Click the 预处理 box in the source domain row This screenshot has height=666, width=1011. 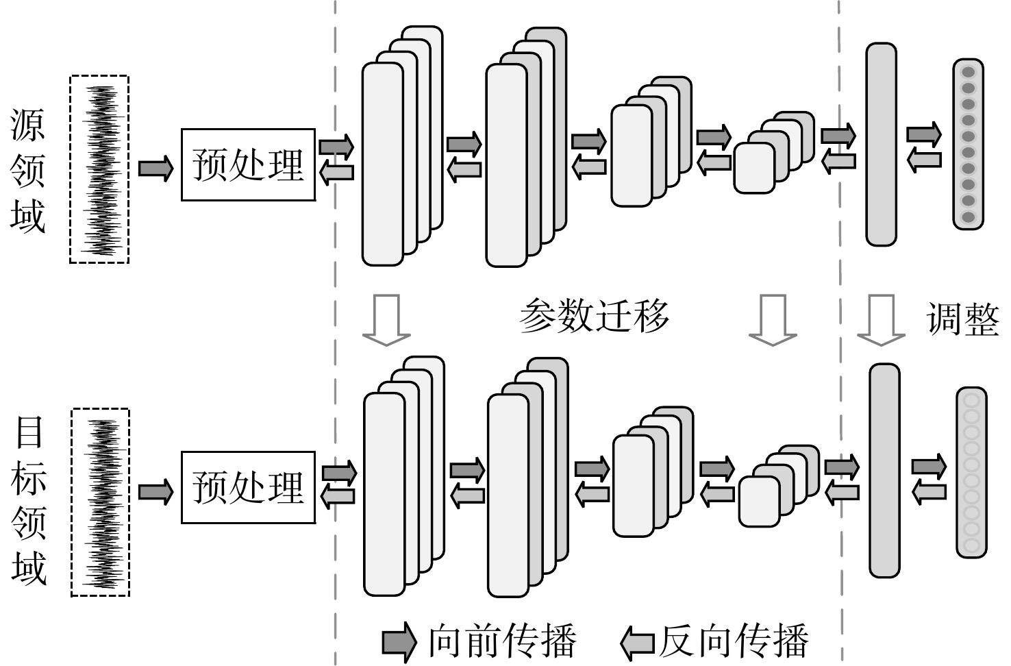(x=248, y=165)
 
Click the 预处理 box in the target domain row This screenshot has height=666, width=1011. (x=248, y=487)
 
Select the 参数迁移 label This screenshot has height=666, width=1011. (x=594, y=316)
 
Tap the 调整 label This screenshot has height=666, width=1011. (x=963, y=319)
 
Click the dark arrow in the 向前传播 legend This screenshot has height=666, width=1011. (x=399, y=641)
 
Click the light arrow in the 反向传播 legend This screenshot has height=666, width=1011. (x=638, y=643)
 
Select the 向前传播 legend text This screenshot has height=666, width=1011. (x=502, y=641)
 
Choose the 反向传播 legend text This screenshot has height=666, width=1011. (x=734, y=641)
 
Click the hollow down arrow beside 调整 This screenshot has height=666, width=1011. (x=881, y=321)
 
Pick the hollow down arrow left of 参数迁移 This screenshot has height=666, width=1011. (x=386, y=321)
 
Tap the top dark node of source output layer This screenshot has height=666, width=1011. (x=968, y=72)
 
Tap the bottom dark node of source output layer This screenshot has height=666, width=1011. (x=968, y=217)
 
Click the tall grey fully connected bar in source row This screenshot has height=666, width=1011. (x=881, y=145)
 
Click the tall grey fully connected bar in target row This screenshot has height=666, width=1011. (x=885, y=471)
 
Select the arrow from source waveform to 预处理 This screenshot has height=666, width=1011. (x=155, y=169)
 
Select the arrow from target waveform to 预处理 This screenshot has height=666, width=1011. (x=155, y=492)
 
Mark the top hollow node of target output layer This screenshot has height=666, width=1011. (x=971, y=401)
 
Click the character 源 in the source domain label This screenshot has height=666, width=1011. (x=27, y=125)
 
